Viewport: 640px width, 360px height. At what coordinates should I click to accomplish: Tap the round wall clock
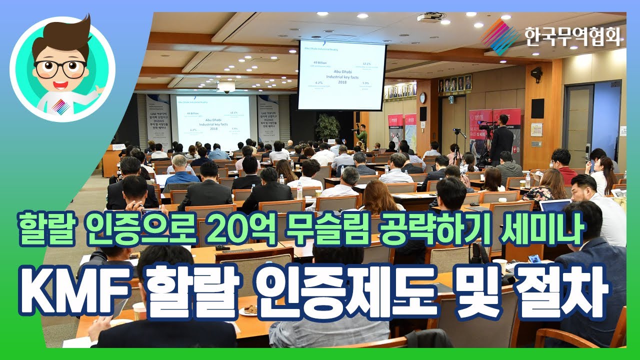click(x=422, y=98)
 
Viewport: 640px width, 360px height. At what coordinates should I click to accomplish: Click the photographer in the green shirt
click(x=361, y=134)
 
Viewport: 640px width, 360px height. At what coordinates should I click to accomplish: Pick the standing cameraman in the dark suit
click(x=501, y=140)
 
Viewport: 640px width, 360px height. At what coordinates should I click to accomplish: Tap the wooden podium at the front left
click(x=111, y=160)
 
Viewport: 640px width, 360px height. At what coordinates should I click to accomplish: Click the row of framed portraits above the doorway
click(x=454, y=83)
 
